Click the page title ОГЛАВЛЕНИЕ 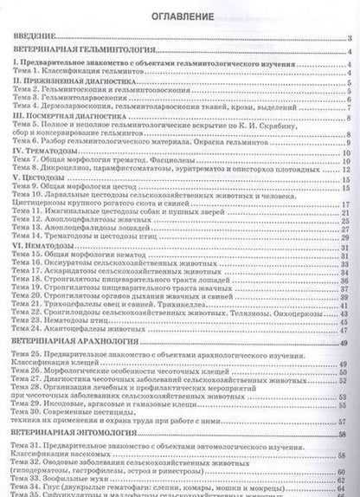click(x=180, y=16)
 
